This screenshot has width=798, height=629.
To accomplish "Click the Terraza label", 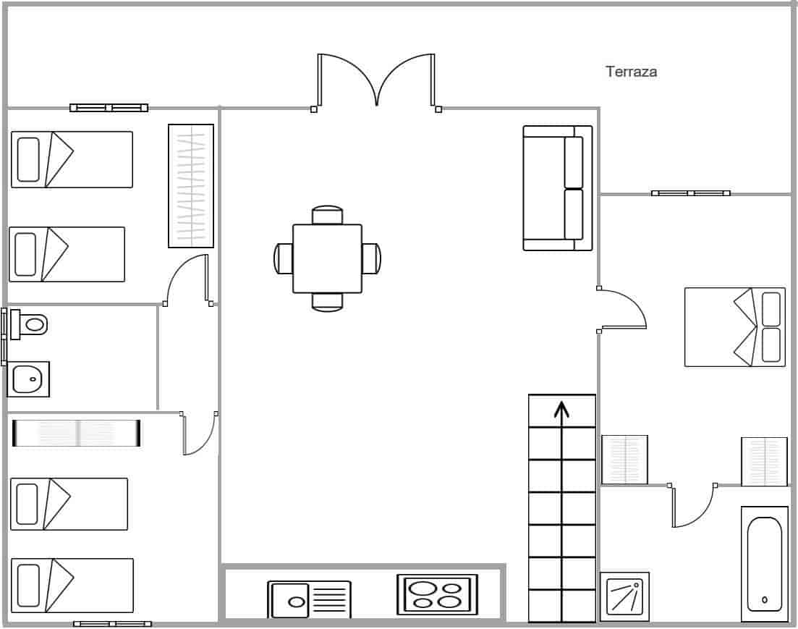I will click(631, 72).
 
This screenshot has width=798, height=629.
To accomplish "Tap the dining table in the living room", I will click(327, 258).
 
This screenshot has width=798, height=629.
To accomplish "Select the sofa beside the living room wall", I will click(557, 188).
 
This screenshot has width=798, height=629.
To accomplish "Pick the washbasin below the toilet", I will click(28, 379).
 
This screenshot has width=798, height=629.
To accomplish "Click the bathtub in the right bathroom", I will click(764, 563).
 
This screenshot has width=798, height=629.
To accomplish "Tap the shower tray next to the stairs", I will click(624, 596).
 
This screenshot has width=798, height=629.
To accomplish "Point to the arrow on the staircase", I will click(561, 410).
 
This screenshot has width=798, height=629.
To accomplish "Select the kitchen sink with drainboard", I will click(309, 599).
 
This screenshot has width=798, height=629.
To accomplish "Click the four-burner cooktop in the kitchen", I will click(437, 594).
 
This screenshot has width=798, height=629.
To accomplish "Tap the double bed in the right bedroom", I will click(734, 327).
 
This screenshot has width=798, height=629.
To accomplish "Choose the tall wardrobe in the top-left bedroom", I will click(191, 186).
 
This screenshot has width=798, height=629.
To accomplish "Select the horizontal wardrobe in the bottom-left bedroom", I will click(77, 433).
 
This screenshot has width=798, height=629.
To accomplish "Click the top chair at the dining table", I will click(327, 215).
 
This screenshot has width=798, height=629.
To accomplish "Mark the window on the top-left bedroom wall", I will click(109, 108).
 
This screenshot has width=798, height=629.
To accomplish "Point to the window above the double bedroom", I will click(690, 193).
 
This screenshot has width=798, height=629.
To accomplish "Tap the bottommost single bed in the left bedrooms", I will click(72, 585).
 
